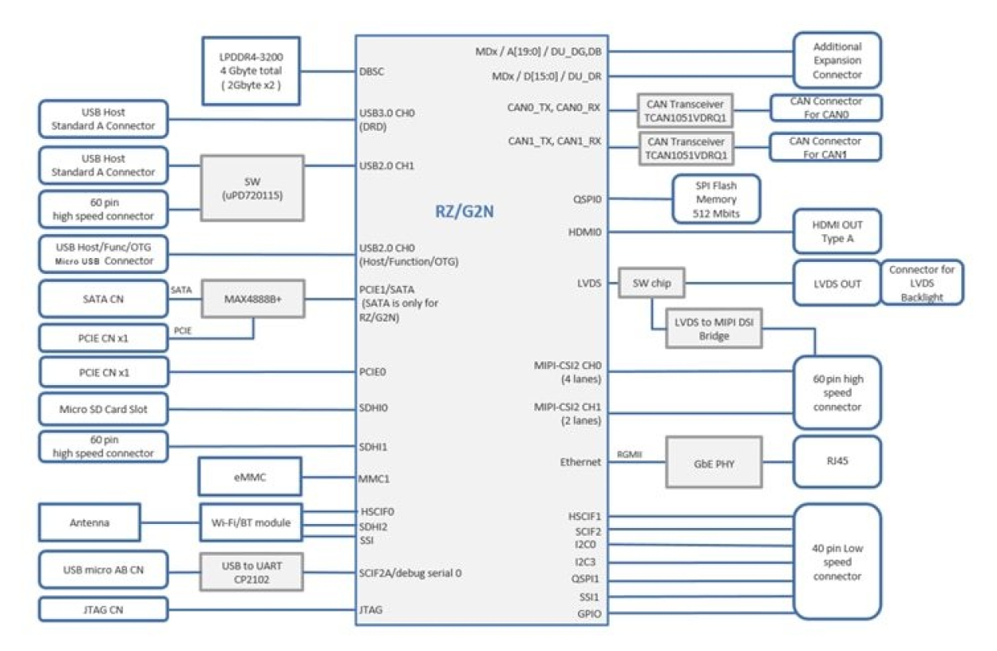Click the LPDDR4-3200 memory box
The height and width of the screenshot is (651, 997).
coord(251,71)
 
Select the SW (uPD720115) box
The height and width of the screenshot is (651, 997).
coord(252,188)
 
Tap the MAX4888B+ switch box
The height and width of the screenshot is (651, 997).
coord(252,299)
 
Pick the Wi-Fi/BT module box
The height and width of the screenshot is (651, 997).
coord(251,522)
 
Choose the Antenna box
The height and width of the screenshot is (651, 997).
coord(89,522)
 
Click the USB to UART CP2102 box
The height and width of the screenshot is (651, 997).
coord(251,572)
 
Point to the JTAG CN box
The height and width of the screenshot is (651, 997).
coord(103,610)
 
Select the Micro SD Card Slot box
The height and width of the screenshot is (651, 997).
coord(103,410)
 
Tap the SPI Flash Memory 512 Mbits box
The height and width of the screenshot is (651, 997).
coord(717,198)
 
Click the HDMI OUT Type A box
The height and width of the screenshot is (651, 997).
coord(837,232)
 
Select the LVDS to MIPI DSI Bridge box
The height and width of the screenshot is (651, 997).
coord(714,329)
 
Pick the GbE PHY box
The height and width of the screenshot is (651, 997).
coord(714,461)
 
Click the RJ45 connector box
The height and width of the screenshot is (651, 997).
coord(837,461)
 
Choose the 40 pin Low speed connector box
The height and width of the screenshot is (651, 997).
coord(837,561)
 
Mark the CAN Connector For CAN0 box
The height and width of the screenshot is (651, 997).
coord(826,108)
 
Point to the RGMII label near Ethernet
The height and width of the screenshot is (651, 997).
coord(630,455)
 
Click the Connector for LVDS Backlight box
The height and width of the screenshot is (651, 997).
coord(922,283)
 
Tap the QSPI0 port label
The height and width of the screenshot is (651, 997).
coord(586,198)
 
